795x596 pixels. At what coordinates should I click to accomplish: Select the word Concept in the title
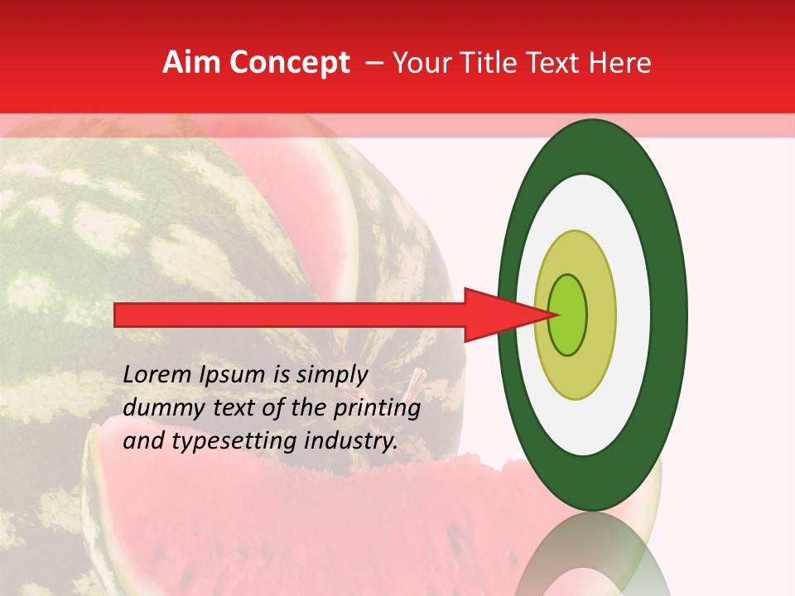tap(289, 63)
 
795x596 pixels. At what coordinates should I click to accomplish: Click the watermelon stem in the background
tap(417, 380)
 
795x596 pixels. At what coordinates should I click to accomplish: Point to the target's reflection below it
tap(593, 555)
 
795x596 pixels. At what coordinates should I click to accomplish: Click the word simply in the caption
tap(331, 375)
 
